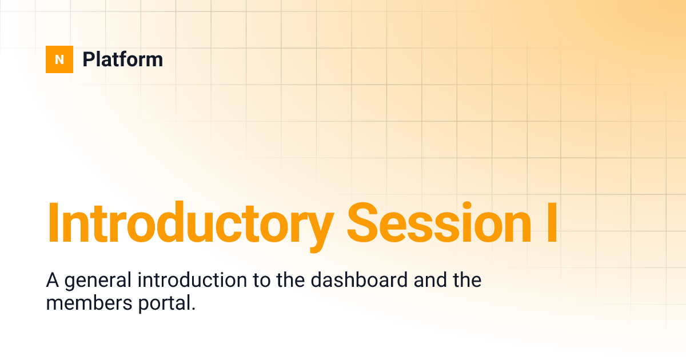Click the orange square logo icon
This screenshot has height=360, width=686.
[x=59, y=59]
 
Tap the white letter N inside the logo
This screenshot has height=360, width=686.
[x=59, y=59]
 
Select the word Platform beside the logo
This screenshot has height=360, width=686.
[x=122, y=59]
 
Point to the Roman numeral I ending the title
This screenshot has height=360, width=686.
[x=550, y=223]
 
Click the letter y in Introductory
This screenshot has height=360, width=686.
[x=318, y=229]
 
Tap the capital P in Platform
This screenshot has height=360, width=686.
[x=88, y=59]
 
